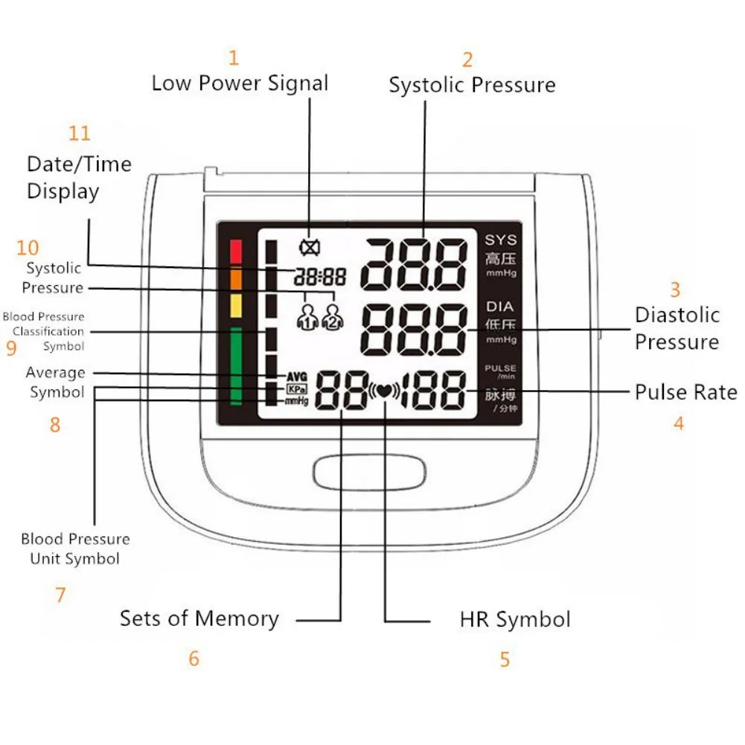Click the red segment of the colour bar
236,252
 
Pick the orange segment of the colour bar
236,278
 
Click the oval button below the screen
369,473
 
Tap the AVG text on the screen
296,377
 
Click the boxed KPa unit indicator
295,389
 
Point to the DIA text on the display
500,306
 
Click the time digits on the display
320,278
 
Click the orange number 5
505,659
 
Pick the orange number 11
80,133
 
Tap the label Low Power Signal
240,83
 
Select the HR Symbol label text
515,619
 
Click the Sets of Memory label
199,618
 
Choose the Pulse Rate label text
685,392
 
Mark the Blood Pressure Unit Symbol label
75,549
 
